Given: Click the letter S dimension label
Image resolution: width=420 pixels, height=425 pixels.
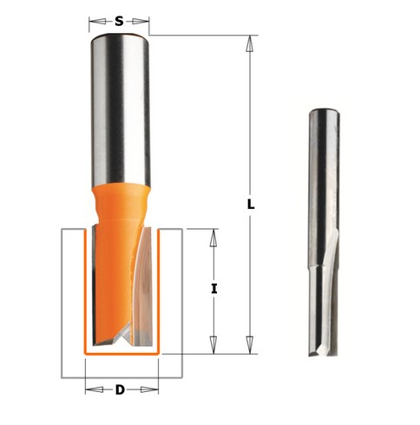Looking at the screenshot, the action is (x=119, y=21).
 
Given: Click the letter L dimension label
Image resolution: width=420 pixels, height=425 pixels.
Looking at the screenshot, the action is (x=251, y=205).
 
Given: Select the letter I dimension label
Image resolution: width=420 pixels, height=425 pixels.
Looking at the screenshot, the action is (x=213, y=289).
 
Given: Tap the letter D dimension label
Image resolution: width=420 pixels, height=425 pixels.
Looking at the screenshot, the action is (x=120, y=390).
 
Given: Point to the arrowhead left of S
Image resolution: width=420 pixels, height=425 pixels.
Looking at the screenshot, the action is (x=97, y=21).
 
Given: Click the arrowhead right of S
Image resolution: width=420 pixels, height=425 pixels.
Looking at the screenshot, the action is (x=141, y=21).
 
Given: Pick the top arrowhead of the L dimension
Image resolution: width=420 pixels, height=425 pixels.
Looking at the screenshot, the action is (x=250, y=43).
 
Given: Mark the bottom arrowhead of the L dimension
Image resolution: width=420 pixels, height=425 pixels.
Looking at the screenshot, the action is (x=250, y=345).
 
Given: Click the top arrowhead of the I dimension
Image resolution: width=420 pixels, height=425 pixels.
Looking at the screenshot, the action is (x=213, y=238).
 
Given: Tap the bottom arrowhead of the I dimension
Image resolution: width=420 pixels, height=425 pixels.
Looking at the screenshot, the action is (x=213, y=345).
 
